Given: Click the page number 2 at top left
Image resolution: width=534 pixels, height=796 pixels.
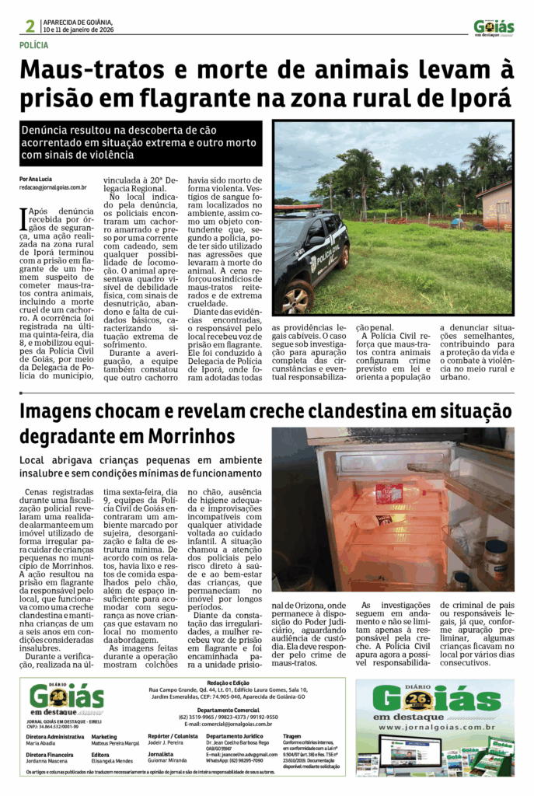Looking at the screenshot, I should pyautogui.click(x=30, y=26).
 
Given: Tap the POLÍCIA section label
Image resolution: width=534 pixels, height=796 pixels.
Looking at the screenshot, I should pyautogui.click(x=37, y=46).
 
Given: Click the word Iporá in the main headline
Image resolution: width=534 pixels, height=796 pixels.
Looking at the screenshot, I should pyautogui.click(x=481, y=98).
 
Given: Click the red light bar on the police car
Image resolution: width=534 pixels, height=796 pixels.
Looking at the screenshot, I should pyautogui.click(x=296, y=208).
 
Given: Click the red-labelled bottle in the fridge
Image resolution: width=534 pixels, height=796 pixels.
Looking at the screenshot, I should pyautogui.click(x=389, y=493).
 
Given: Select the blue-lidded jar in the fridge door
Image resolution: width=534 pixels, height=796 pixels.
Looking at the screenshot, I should pyautogui.click(x=494, y=555).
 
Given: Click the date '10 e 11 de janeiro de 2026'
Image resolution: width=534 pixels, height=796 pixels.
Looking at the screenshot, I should pyautogui.click(x=79, y=30).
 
